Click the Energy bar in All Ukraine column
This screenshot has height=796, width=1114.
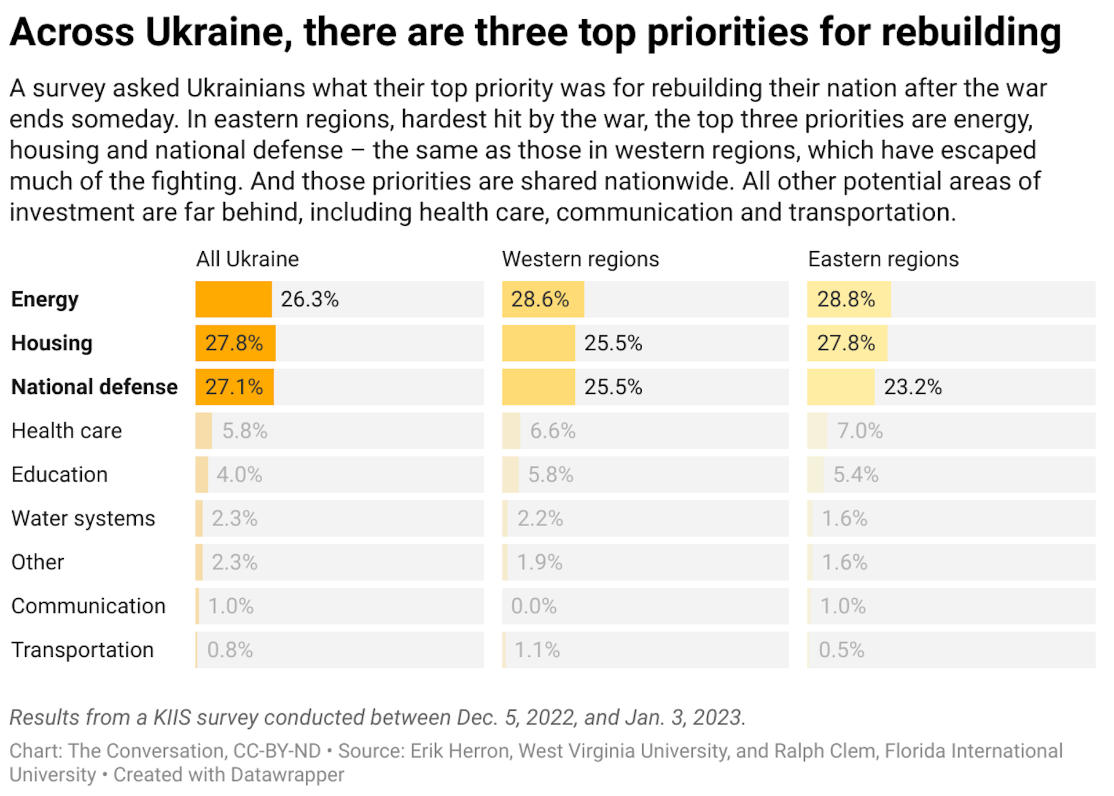pyautogui.click(x=233, y=299)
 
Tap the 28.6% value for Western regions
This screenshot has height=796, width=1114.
pyautogui.click(x=540, y=299)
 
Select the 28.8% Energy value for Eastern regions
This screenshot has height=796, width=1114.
pyautogui.click(x=845, y=299)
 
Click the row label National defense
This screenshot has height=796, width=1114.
pyautogui.click(x=95, y=387)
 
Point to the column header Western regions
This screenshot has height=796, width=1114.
pyautogui.click(x=580, y=259)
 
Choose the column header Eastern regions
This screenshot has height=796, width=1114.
pyautogui.click(x=883, y=259)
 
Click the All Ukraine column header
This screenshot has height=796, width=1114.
pyautogui.click(x=247, y=259)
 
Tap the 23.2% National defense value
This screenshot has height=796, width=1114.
pyautogui.click(x=912, y=387)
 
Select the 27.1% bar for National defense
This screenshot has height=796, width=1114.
pyautogui.click(x=234, y=387)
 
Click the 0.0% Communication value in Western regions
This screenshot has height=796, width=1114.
pyautogui.click(x=533, y=606)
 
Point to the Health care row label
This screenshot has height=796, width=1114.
pyautogui.click(x=67, y=431)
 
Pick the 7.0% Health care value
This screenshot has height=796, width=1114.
pyautogui.click(x=859, y=431)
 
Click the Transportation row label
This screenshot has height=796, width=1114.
pyautogui.click(x=82, y=650)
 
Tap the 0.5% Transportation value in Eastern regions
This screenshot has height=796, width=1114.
pyautogui.click(x=841, y=650)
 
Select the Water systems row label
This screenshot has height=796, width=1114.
pyautogui.click(x=83, y=519)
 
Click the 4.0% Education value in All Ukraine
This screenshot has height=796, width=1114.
pyautogui.click(x=239, y=475)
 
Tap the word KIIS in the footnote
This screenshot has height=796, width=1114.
pyautogui.click(x=172, y=718)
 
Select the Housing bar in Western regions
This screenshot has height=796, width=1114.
pyautogui.click(x=538, y=343)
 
